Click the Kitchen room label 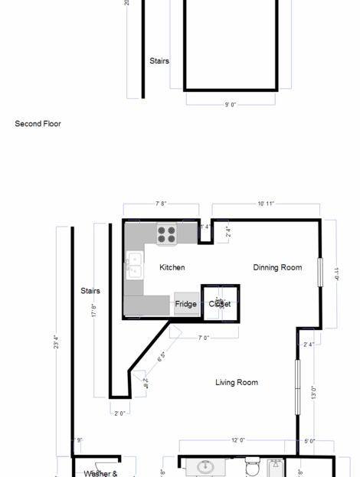172,267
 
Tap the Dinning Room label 277,267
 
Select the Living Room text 236,382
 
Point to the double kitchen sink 134,265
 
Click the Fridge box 186,304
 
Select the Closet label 220,304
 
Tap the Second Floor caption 38,123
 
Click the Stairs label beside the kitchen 90,291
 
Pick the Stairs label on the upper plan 159,61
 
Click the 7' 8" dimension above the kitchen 161,204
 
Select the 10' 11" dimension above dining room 266,204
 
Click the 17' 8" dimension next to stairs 94,311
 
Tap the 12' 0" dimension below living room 238,440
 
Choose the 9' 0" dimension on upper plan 231,104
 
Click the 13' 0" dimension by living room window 313,393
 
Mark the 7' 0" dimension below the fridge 204,338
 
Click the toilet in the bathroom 252,466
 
